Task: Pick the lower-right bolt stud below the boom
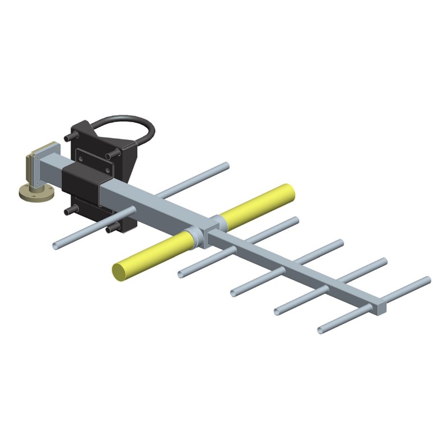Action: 110,228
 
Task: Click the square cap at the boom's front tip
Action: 380,307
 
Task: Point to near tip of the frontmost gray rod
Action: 320,329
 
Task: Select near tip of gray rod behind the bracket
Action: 57,245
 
